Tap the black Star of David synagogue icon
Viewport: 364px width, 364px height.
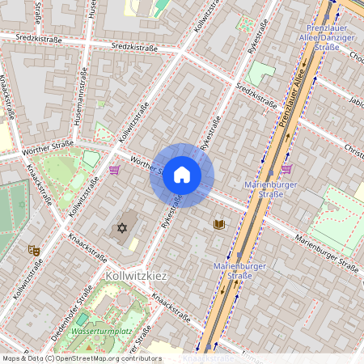click(x=123, y=229)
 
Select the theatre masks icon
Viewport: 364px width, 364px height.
click(x=33, y=251)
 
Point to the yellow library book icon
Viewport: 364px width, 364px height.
click(x=218, y=223)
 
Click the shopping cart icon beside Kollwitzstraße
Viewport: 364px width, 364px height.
click(x=115, y=170)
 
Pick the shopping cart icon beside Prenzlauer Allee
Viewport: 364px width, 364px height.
click(x=286, y=169)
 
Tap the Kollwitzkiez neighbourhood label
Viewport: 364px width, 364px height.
click(x=136, y=276)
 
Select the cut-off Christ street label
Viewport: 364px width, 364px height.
click(x=354, y=150)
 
